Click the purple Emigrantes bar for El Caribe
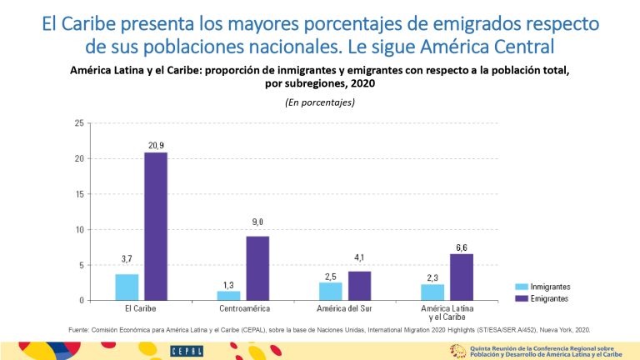[x=155, y=226]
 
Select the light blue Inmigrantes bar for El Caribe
[x=127, y=287]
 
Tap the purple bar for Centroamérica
[x=257, y=267]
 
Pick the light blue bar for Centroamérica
[x=228, y=295]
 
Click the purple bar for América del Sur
[x=359, y=285]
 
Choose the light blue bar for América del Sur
[x=331, y=291]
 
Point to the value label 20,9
[x=156, y=145]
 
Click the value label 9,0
[x=257, y=222]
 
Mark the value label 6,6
[x=461, y=247]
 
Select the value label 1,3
[x=228, y=284]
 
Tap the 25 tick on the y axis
[x=79, y=123]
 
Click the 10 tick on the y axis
[x=79, y=229]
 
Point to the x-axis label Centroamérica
[x=242, y=309]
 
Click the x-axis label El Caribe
[x=141, y=309]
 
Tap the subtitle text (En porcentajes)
[x=320, y=102]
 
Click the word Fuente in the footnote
[x=80, y=329]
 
